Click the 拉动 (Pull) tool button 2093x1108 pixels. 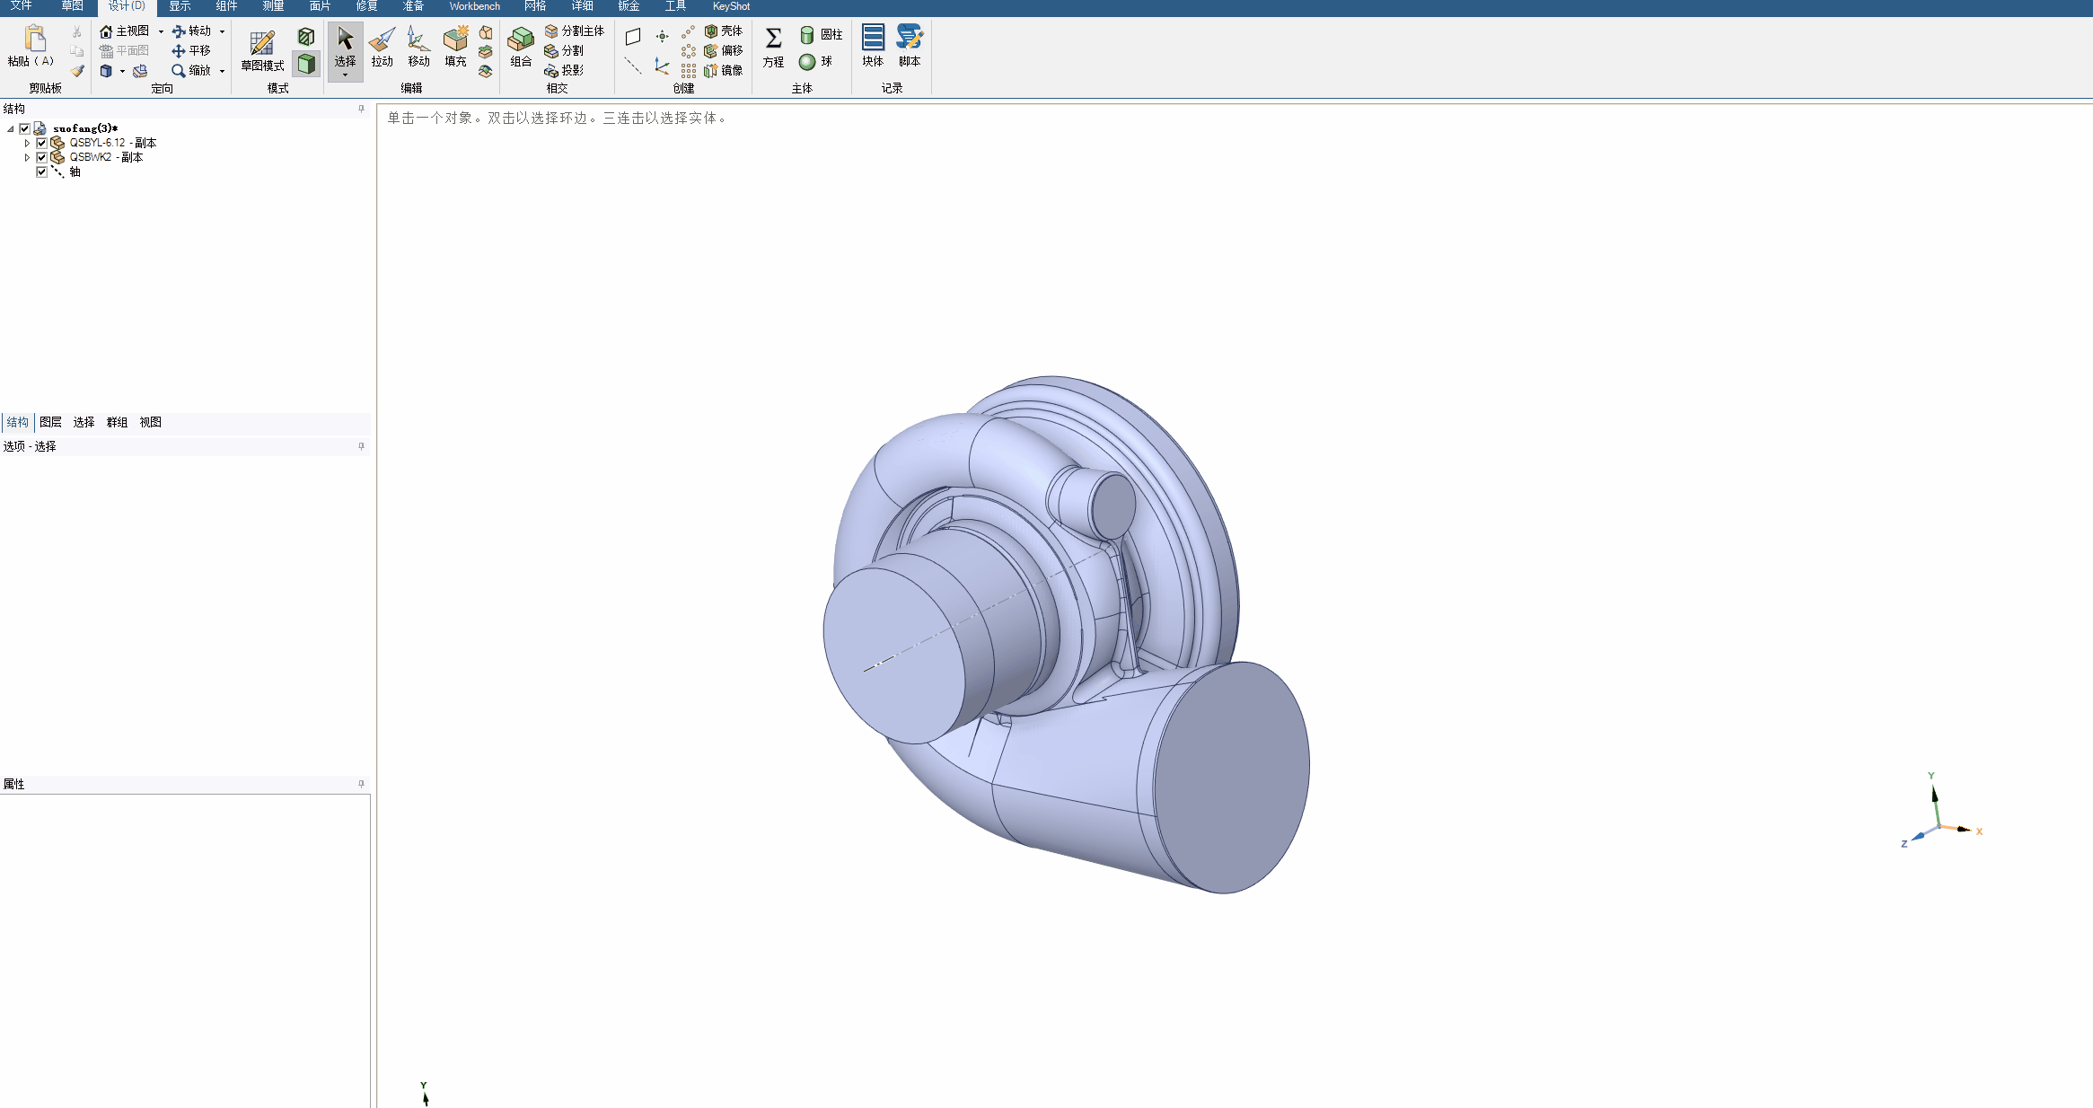[x=382, y=48]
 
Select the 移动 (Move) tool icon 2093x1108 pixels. [x=418, y=48]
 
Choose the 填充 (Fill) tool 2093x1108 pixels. [x=455, y=48]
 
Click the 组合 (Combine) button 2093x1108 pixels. [x=521, y=48]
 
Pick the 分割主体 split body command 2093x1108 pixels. [x=575, y=31]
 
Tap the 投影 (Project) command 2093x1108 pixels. [x=564, y=70]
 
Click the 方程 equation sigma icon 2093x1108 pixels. [x=773, y=48]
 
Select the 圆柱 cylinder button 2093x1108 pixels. [x=821, y=34]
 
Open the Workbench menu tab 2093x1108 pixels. [x=474, y=6]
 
